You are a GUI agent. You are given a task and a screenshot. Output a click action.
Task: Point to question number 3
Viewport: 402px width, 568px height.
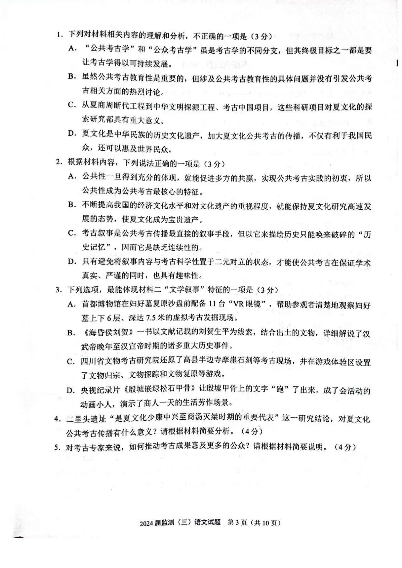[x=58, y=289]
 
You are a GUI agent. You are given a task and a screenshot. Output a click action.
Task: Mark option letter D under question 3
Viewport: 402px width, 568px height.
[x=71, y=390]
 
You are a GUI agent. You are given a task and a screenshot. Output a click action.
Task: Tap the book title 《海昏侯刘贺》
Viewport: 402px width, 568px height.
[x=108, y=332]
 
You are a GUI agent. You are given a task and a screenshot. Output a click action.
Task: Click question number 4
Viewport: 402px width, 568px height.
[x=57, y=419]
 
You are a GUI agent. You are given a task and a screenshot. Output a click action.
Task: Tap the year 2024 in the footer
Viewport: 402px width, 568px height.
[x=146, y=523]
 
